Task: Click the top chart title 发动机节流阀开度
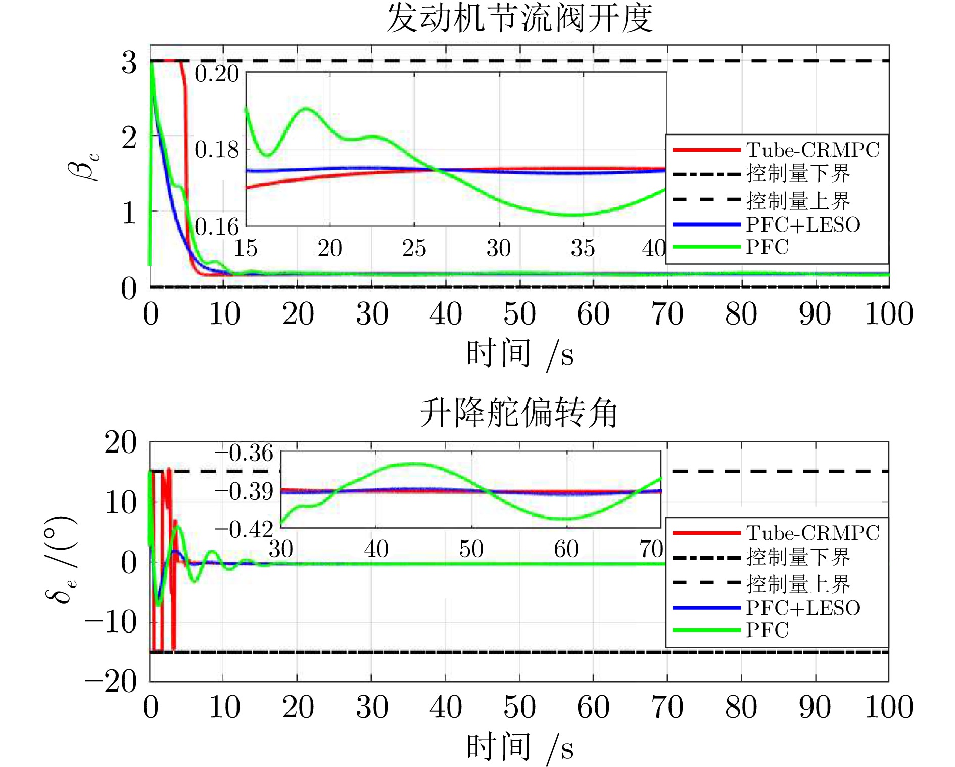[519, 19]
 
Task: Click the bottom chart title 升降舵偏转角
[519, 413]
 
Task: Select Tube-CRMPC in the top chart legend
[813, 150]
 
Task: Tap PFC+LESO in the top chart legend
[803, 224]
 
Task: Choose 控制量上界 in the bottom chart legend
[798, 584]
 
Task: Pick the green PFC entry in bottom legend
[767, 630]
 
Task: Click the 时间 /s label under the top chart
[519, 354]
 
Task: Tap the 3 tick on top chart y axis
[129, 63]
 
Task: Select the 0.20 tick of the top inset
[217, 74]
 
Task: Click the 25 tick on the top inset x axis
[414, 248]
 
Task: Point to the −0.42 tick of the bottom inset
[245, 530]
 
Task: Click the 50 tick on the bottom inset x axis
[471, 549]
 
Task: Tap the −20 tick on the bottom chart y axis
[111, 682]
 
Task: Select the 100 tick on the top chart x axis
[889, 314]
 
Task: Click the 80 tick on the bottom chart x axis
[741, 707]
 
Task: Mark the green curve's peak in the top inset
[307, 109]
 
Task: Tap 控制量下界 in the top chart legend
[798, 174]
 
